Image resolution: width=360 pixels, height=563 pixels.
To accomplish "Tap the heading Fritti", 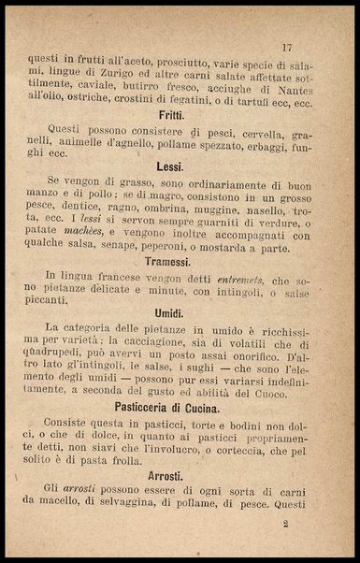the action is click(170, 115).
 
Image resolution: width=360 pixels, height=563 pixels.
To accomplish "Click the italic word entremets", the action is click(238, 278).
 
